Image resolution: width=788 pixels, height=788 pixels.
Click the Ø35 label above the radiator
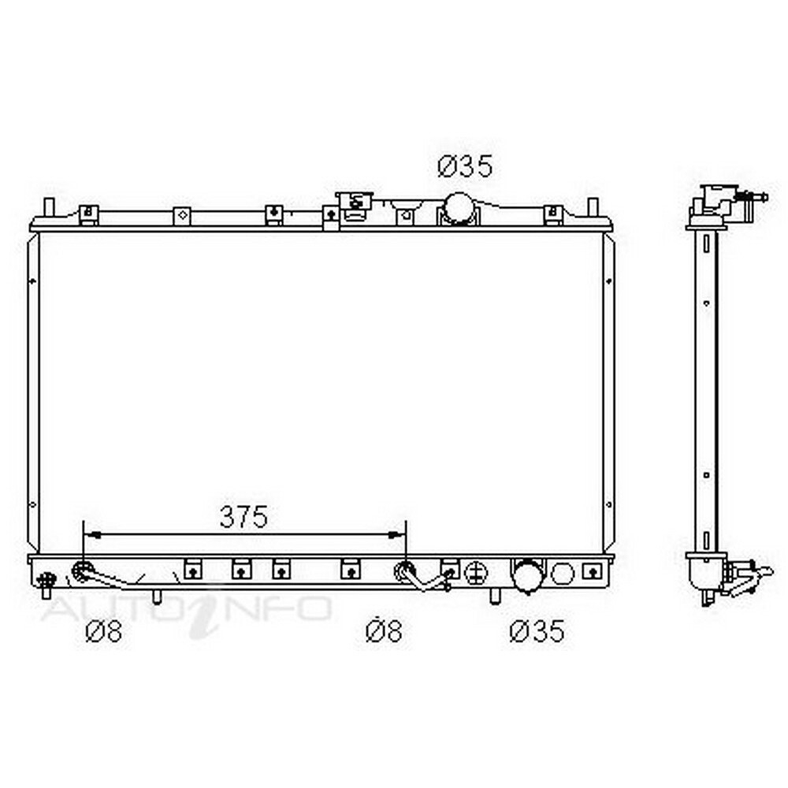[465, 167]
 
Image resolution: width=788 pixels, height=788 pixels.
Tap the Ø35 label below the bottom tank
[537, 630]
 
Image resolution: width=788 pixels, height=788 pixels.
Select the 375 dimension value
[243, 517]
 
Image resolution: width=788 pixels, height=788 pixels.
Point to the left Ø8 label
[103, 631]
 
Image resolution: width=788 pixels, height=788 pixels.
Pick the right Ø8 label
[384, 631]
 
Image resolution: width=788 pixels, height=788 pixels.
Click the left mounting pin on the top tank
[49, 207]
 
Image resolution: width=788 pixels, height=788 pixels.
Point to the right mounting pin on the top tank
[593, 207]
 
